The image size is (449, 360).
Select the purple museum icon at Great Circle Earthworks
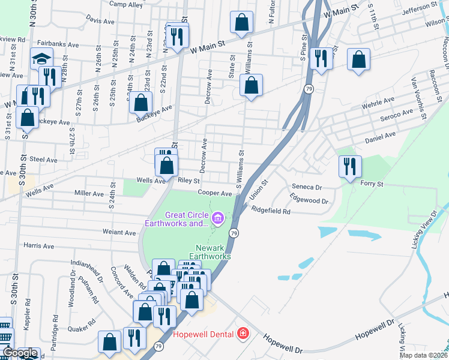point(217,218)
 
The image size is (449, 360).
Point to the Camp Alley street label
point(126,5)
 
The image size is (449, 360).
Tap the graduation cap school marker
point(42,59)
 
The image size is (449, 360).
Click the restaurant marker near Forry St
point(350,166)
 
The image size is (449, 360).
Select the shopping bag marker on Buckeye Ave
point(140,102)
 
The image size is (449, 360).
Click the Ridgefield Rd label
point(271,211)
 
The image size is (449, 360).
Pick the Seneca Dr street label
point(307,187)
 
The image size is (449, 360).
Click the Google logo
point(19,353)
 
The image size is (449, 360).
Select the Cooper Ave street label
point(215,194)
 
